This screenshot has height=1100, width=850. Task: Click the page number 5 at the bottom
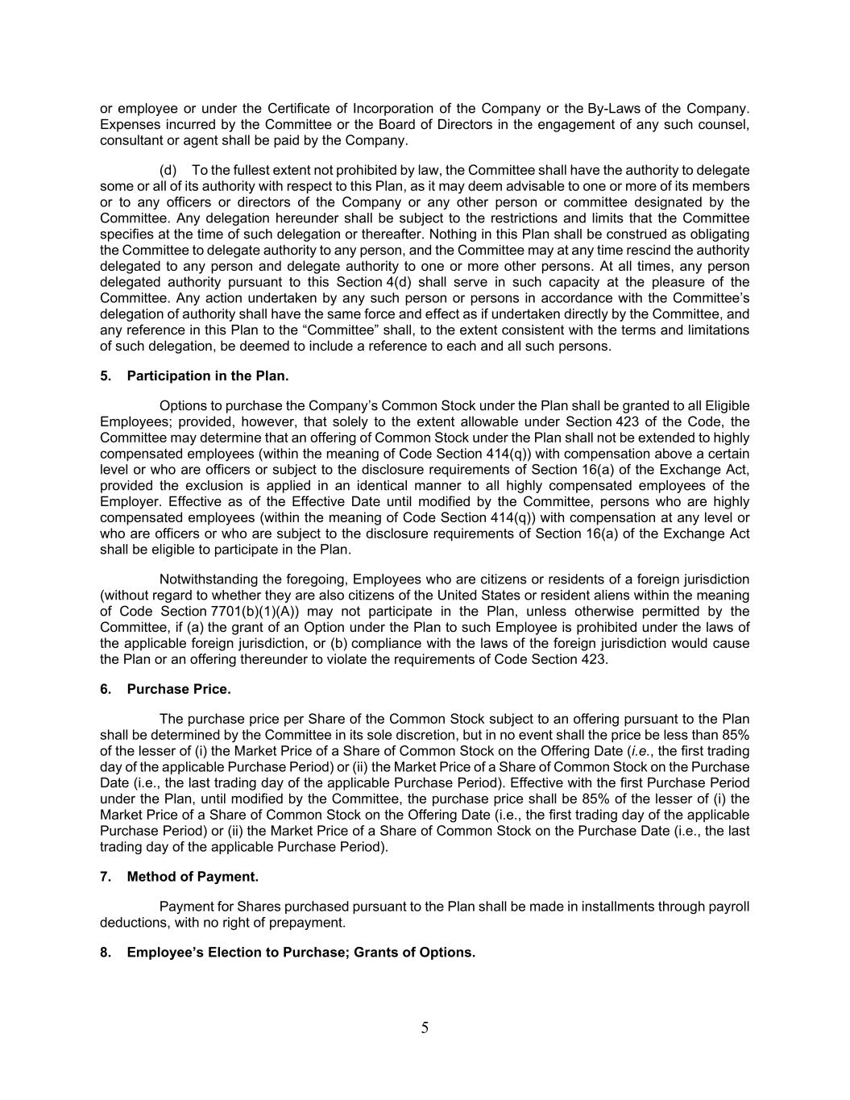(x=425, y=1027)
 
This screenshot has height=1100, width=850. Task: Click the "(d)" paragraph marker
(x=168, y=170)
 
